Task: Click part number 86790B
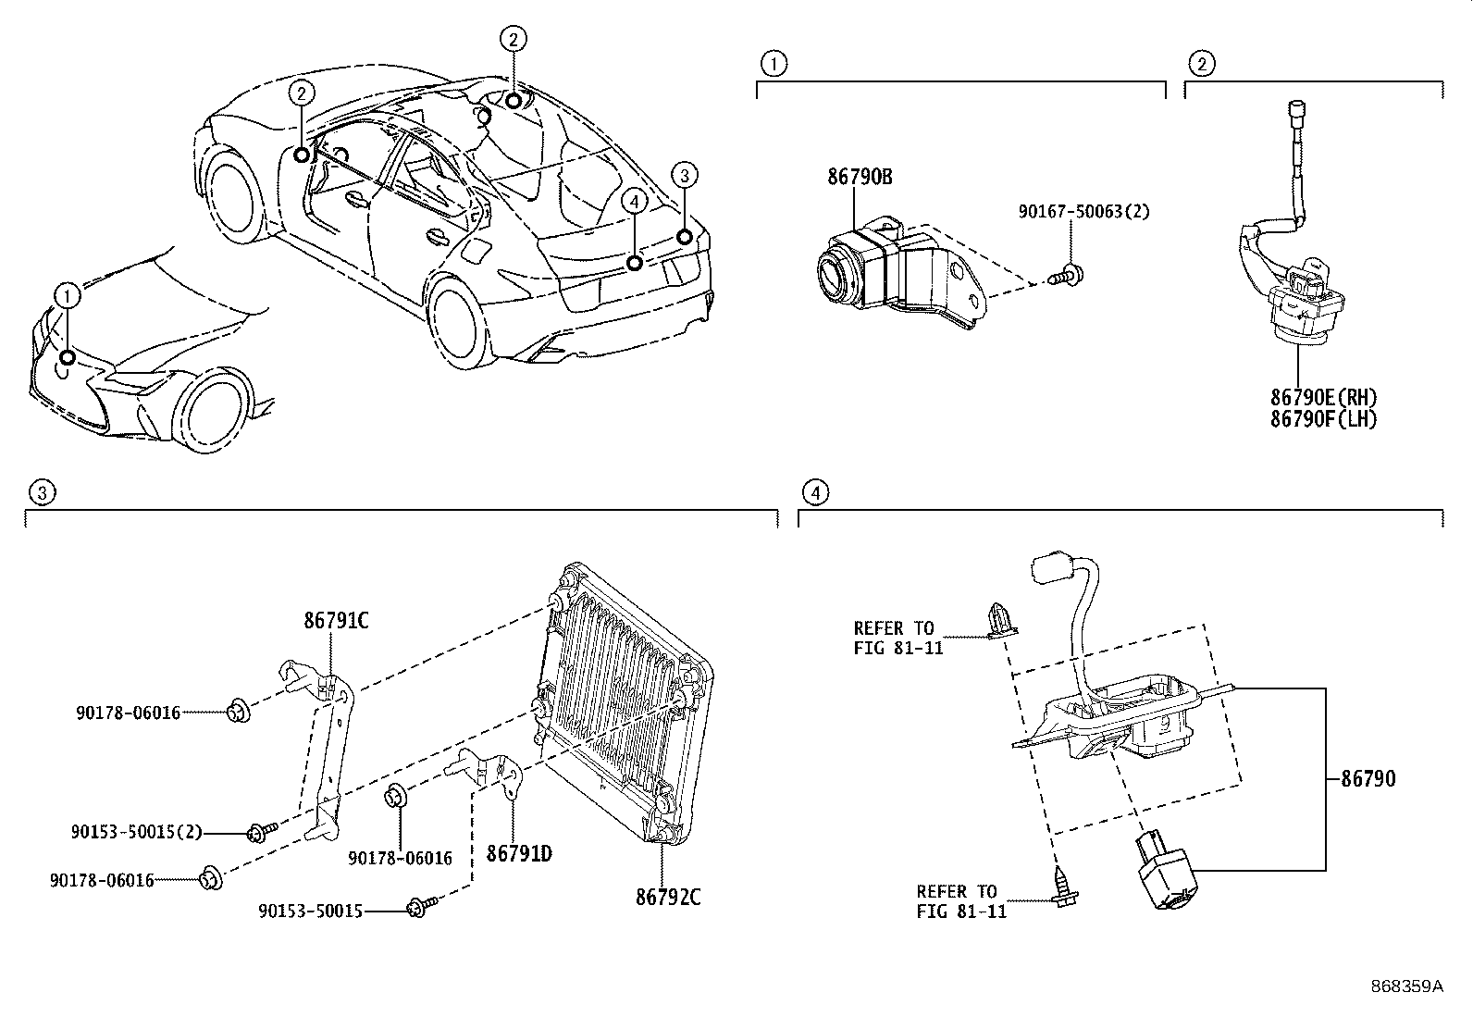(x=860, y=176)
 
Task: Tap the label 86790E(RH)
(x=1323, y=398)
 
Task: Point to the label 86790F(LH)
(x=1323, y=419)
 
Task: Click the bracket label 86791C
(x=336, y=621)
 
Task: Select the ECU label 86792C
(x=668, y=898)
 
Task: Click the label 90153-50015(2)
(x=136, y=833)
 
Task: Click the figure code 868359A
(x=1406, y=986)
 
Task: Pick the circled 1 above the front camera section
(x=773, y=64)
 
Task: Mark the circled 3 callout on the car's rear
(x=683, y=174)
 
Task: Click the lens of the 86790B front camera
(x=834, y=273)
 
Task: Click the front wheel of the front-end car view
(x=216, y=413)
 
